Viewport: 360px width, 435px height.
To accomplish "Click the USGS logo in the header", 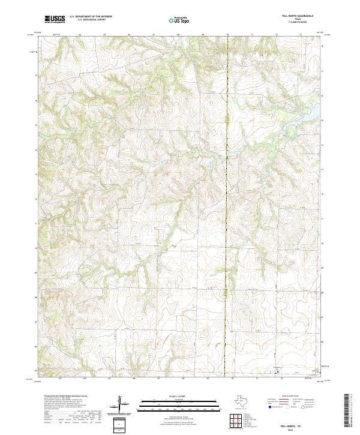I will pos(55,19).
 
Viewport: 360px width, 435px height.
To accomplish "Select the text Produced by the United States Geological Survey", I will pos(66,397).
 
